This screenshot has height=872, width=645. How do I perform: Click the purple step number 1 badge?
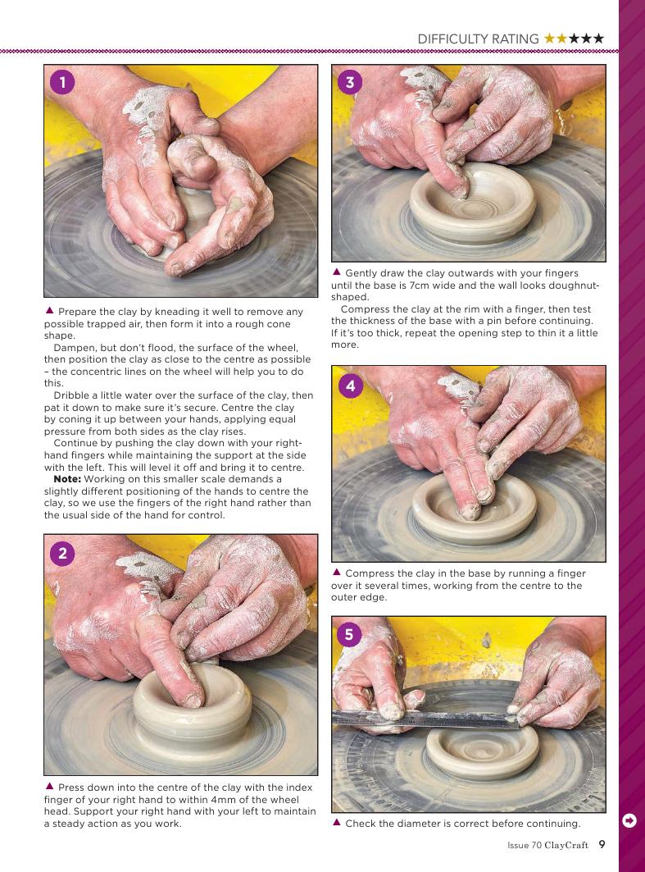click(62, 82)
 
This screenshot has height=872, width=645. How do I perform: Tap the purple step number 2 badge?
click(62, 553)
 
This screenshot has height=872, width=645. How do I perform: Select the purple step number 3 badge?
click(350, 82)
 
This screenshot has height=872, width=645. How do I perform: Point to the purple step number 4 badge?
click(350, 386)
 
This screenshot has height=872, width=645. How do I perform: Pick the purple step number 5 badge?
click(349, 634)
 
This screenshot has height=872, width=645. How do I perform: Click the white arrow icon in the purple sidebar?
click(629, 820)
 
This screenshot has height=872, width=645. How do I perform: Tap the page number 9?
click(602, 844)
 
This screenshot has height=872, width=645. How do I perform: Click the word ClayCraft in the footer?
click(566, 845)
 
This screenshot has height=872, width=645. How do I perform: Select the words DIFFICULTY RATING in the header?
click(478, 39)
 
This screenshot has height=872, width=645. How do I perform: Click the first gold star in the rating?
click(549, 39)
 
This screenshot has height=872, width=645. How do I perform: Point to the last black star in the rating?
click(598, 39)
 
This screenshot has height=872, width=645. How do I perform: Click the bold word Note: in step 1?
click(67, 479)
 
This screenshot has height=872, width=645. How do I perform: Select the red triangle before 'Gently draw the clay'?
click(336, 272)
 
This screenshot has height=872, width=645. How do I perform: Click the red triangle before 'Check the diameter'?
click(336, 822)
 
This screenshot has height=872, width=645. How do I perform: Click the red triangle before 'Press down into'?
click(49, 787)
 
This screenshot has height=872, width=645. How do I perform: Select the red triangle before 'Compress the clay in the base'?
click(336, 572)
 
